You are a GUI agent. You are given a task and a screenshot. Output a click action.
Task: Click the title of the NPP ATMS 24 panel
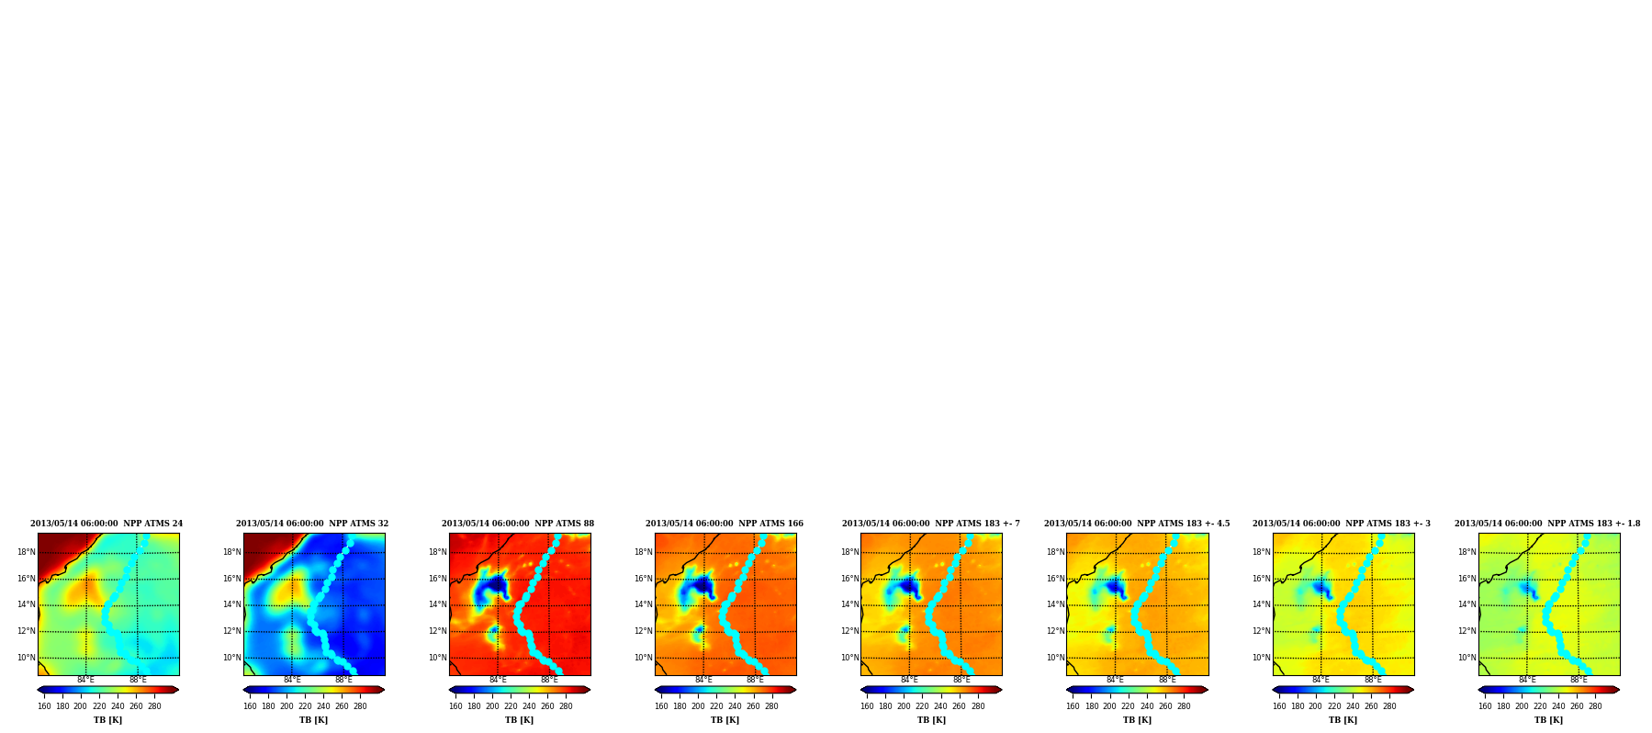(107, 524)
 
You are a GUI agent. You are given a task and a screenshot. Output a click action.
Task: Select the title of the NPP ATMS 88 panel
(518, 524)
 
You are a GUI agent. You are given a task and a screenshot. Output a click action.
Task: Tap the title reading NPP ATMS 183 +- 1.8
(1547, 524)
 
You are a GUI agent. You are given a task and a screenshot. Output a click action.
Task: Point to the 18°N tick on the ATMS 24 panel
(26, 552)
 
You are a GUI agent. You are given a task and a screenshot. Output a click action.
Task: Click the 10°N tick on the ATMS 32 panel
(231, 658)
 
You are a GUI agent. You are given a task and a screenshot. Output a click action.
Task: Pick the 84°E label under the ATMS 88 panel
(498, 680)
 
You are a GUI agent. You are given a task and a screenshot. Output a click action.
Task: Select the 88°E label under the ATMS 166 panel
(755, 680)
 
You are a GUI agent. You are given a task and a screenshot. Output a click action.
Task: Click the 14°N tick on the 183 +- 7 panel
(849, 604)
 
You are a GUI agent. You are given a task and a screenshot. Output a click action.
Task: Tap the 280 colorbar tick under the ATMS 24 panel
(154, 705)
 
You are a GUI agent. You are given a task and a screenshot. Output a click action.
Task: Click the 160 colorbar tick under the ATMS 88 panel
(455, 705)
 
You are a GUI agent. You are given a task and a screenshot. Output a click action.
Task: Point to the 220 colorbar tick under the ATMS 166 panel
(716, 705)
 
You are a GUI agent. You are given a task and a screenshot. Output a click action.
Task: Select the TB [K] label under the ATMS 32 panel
(313, 720)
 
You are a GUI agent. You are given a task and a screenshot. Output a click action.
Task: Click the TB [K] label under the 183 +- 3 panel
(1343, 720)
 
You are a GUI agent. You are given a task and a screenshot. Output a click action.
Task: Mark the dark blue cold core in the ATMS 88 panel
(496, 584)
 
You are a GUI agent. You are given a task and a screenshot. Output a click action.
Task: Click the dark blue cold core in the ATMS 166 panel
(702, 584)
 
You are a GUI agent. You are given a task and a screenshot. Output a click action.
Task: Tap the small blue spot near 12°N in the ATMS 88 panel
(494, 632)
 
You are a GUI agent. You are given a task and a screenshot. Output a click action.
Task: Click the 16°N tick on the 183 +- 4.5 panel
(1055, 579)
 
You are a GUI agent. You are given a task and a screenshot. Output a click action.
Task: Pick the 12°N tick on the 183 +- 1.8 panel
(1467, 631)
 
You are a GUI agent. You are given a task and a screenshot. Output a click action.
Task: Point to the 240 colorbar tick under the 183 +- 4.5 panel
(1147, 705)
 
